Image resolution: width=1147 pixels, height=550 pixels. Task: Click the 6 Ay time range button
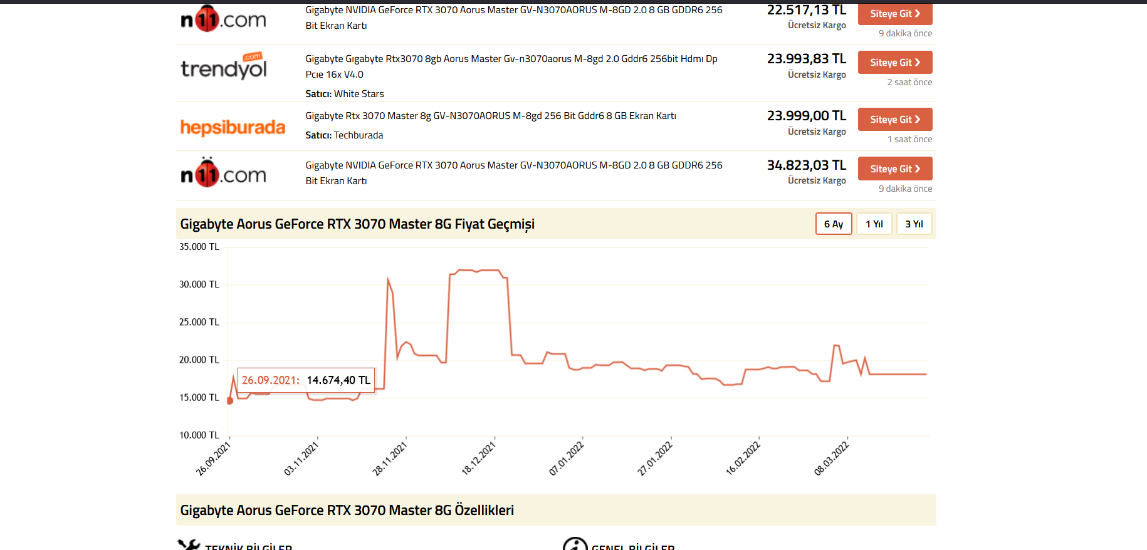tap(834, 224)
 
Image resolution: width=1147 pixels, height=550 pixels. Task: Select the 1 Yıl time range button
tap(874, 224)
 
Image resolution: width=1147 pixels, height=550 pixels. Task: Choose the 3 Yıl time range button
tap(914, 224)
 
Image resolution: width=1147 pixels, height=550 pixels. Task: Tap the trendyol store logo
tap(224, 66)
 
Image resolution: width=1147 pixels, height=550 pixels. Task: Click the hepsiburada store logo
tap(233, 127)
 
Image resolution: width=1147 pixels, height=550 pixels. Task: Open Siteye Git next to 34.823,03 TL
tap(894, 169)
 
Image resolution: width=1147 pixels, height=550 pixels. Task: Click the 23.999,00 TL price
tap(806, 116)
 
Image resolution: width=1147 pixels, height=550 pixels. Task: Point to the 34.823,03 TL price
tap(806, 165)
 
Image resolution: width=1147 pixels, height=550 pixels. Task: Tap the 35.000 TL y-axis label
tap(199, 247)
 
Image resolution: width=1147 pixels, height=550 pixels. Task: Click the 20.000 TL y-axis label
tap(199, 360)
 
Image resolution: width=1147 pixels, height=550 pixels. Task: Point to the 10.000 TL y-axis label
tap(199, 435)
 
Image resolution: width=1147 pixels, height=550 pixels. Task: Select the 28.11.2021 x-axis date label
tap(390, 459)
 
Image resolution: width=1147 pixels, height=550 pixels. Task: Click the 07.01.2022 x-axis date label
tap(567, 459)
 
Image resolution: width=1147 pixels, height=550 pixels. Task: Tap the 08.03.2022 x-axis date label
tap(831, 459)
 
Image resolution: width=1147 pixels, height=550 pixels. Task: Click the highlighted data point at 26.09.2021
tap(230, 401)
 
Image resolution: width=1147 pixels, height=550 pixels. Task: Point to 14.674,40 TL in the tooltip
tap(338, 380)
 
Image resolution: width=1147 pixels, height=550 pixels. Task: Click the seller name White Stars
tap(359, 94)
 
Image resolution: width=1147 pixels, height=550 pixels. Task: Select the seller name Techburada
tap(359, 135)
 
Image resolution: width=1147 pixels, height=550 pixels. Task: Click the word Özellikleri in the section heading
tap(484, 511)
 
